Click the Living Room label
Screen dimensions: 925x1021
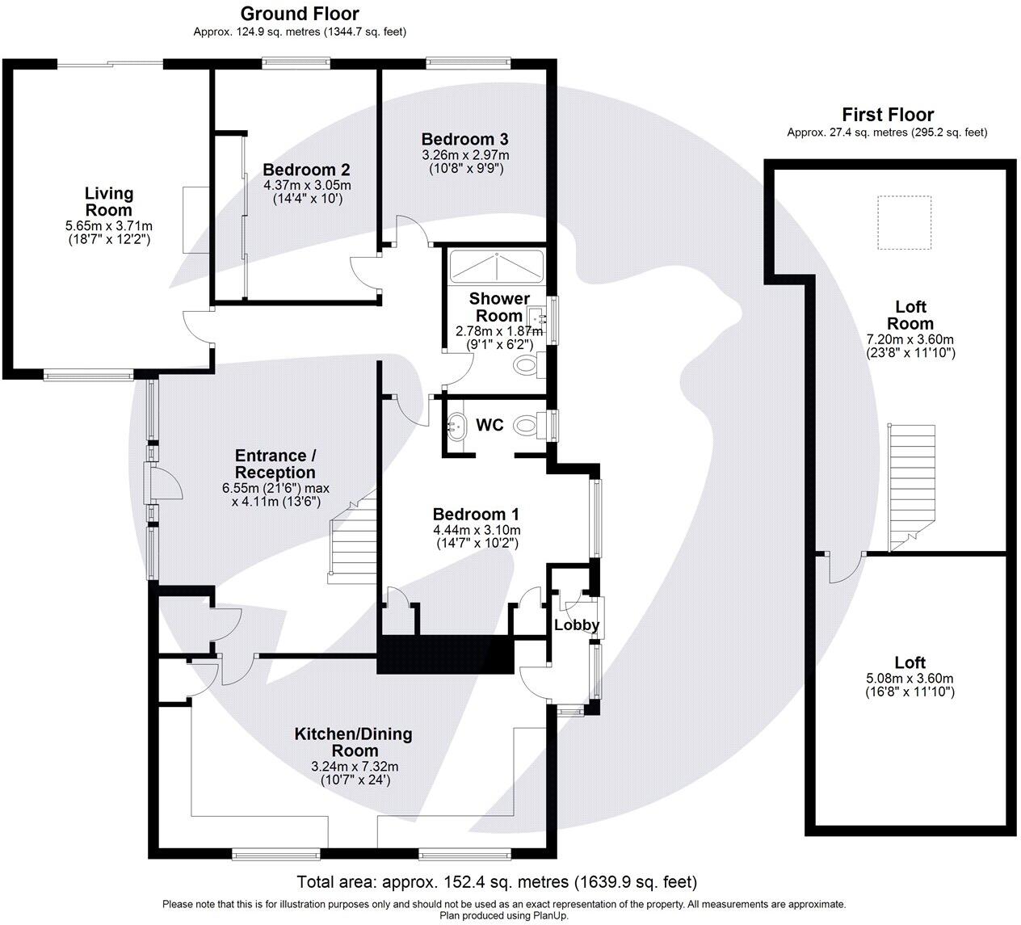(x=109, y=201)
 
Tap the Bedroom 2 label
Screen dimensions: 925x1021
(x=306, y=170)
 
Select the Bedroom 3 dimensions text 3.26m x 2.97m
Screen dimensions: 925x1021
(x=465, y=155)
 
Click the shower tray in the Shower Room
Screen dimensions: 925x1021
(x=496, y=266)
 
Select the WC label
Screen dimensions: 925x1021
(x=489, y=425)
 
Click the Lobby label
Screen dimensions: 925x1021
(x=577, y=624)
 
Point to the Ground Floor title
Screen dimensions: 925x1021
(x=300, y=14)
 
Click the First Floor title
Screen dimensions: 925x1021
(x=887, y=115)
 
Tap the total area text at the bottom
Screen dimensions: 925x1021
(x=496, y=881)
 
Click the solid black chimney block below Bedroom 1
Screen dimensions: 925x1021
(x=446, y=654)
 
